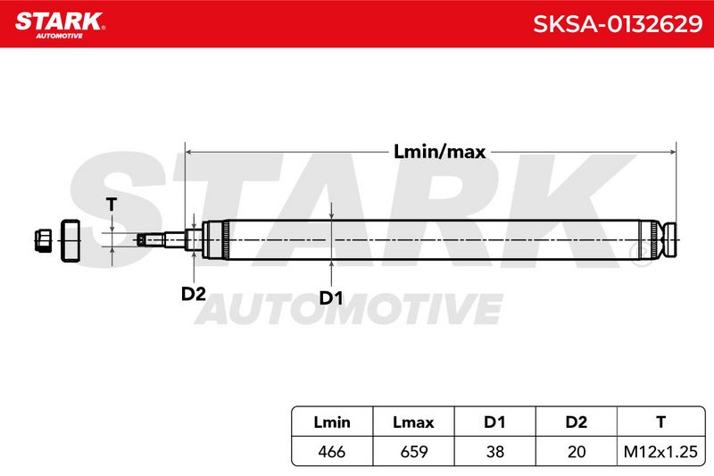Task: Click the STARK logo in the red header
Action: point(60,25)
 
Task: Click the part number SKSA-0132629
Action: point(618,24)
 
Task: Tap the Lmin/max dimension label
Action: point(439,152)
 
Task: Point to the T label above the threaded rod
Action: point(112,205)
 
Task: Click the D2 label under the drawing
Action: point(194,294)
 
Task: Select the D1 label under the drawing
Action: point(330,298)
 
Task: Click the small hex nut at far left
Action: point(43,240)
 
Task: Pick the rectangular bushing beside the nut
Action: point(71,240)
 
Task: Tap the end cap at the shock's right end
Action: point(670,239)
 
